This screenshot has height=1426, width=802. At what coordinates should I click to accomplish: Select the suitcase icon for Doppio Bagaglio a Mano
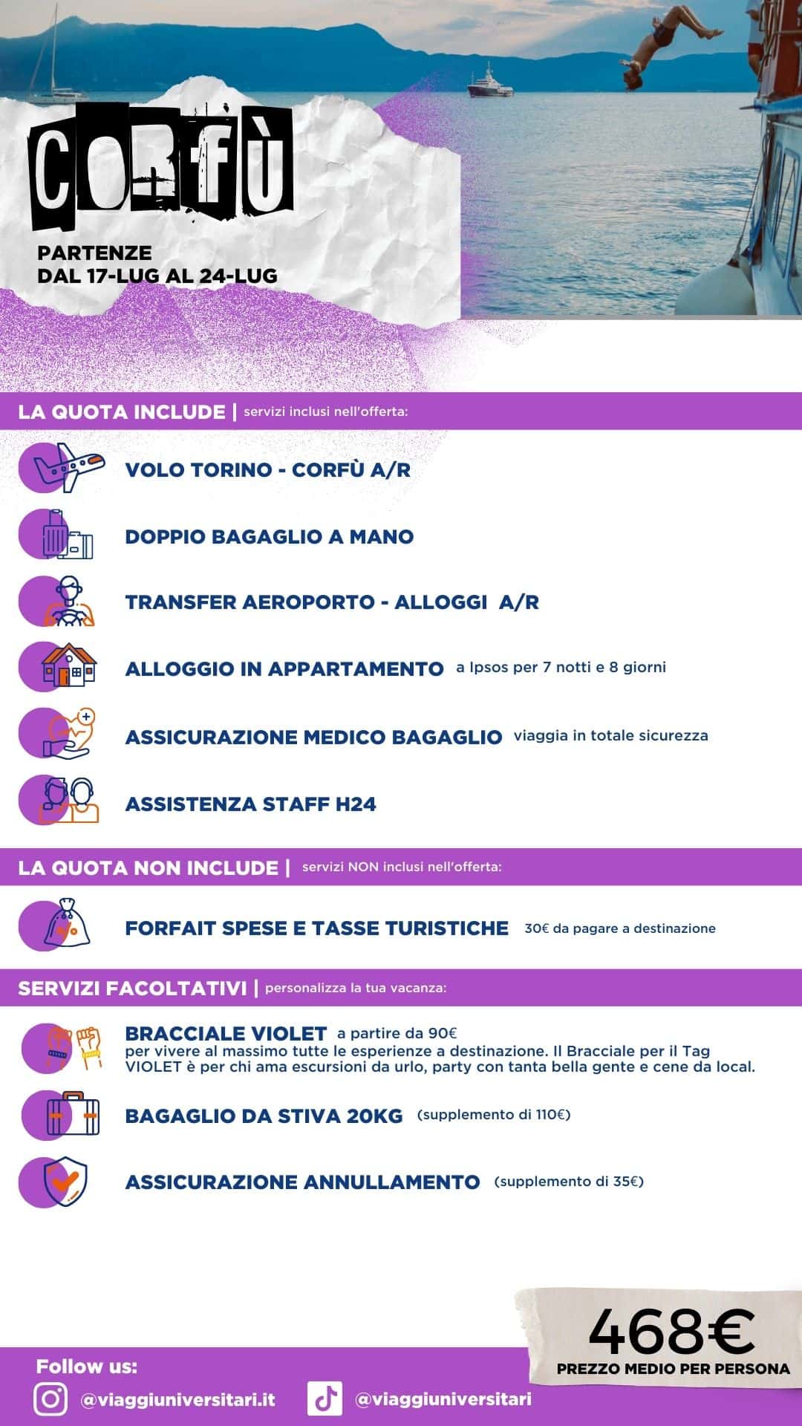pyautogui.click(x=67, y=535)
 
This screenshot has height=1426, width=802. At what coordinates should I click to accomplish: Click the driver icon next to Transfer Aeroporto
pyautogui.click(x=68, y=601)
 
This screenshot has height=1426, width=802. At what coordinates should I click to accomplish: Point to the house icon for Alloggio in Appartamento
pyautogui.click(x=68, y=665)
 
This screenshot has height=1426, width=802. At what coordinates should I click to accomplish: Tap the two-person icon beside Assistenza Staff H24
pyautogui.click(x=68, y=801)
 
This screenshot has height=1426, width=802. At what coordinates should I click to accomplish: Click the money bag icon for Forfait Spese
pyautogui.click(x=67, y=925)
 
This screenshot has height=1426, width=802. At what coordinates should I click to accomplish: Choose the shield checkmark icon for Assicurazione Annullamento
pyautogui.click(x=65, y=1181)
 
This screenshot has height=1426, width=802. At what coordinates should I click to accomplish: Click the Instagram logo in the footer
pyautogui.click(x=50, y=1399)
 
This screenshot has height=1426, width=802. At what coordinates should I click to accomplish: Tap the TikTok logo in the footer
pyautogui.click(x=325, y=1399)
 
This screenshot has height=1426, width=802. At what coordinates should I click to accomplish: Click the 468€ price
pyautogui.click(x=671, y=1331)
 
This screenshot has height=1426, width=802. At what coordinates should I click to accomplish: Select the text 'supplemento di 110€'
pyautogui.click(x=494, y=1115)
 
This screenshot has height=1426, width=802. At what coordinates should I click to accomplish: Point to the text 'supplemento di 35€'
pyautogui.click(x=569, y=1181)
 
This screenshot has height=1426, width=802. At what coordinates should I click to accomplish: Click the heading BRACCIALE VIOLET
pyautogui.click(x=226, y=1033)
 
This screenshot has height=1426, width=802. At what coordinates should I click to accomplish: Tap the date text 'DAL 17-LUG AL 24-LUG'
pyautogui.click(x=157, y=276)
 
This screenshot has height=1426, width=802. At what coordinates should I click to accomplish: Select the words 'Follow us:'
pyautogui.click(x=87, y=1367)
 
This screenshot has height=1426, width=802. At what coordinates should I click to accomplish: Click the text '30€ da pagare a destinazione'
pyautogui.click(x=620, y=928)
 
